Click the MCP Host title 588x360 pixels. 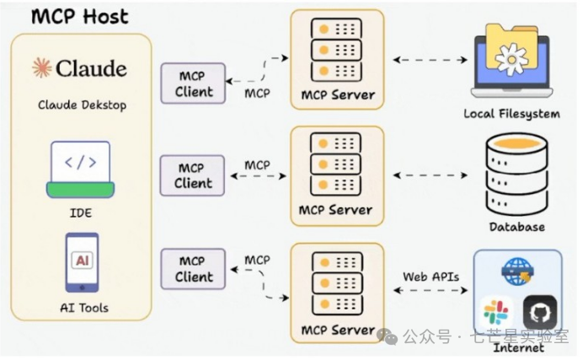click(x=80, y=17)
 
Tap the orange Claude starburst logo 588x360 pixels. click(x=41, y=67)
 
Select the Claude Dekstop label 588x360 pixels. click(x=82, y=105)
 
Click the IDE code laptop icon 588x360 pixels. click(x=80, y=169)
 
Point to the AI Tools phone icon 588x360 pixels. click(x=82, y=263)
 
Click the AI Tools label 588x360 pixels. click(x=84, y=309)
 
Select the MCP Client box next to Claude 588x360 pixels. click(x=193, y=83)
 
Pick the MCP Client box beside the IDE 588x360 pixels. click(x=192, y=175)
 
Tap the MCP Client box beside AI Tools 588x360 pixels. click(x=193, y=269)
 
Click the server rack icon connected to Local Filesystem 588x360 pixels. click(x=336, y=50)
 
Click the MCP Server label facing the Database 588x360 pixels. click(x=335, y=210)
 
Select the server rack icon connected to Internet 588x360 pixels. click(x=338, y=283)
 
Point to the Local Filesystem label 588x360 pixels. click(x=512, y=114)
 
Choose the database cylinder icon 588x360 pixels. click(x=516, y=175)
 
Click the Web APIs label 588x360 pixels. click(x=430, y=277)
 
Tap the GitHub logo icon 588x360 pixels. click(x=540, y=312)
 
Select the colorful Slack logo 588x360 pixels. click(x=495, y=312)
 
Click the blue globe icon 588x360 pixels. click(x=517, y=271)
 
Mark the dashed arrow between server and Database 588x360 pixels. click(x=430, y=175)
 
